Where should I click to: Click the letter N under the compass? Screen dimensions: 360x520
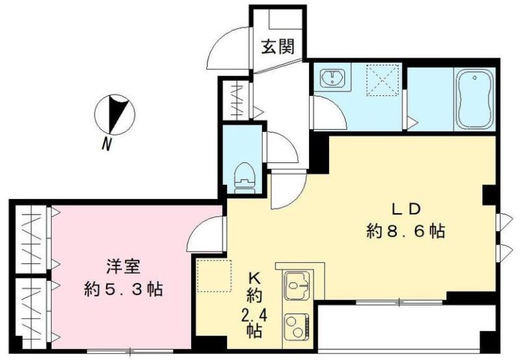(x=107, y=143)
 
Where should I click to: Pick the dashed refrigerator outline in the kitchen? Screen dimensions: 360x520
(x=212, y=275)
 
